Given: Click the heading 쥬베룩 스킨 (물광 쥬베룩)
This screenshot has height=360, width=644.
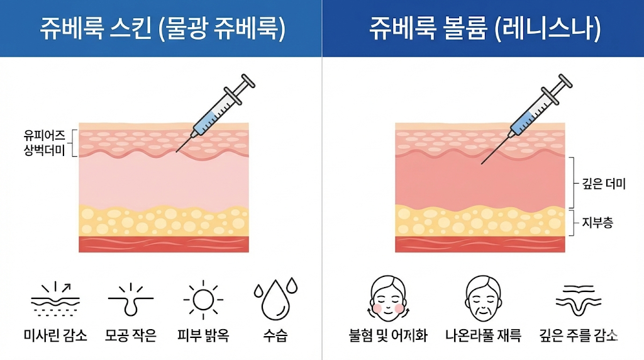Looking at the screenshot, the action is coord(162,29).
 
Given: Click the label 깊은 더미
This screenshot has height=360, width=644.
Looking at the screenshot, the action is coord(604,184).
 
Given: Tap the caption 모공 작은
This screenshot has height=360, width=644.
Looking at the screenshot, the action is coord(130,335).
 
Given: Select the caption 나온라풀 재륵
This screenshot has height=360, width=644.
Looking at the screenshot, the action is coord(483,335).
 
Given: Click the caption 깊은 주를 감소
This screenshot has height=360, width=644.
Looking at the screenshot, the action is coord(579,335).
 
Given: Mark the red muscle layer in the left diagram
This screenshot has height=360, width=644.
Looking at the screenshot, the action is coord(164,244).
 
